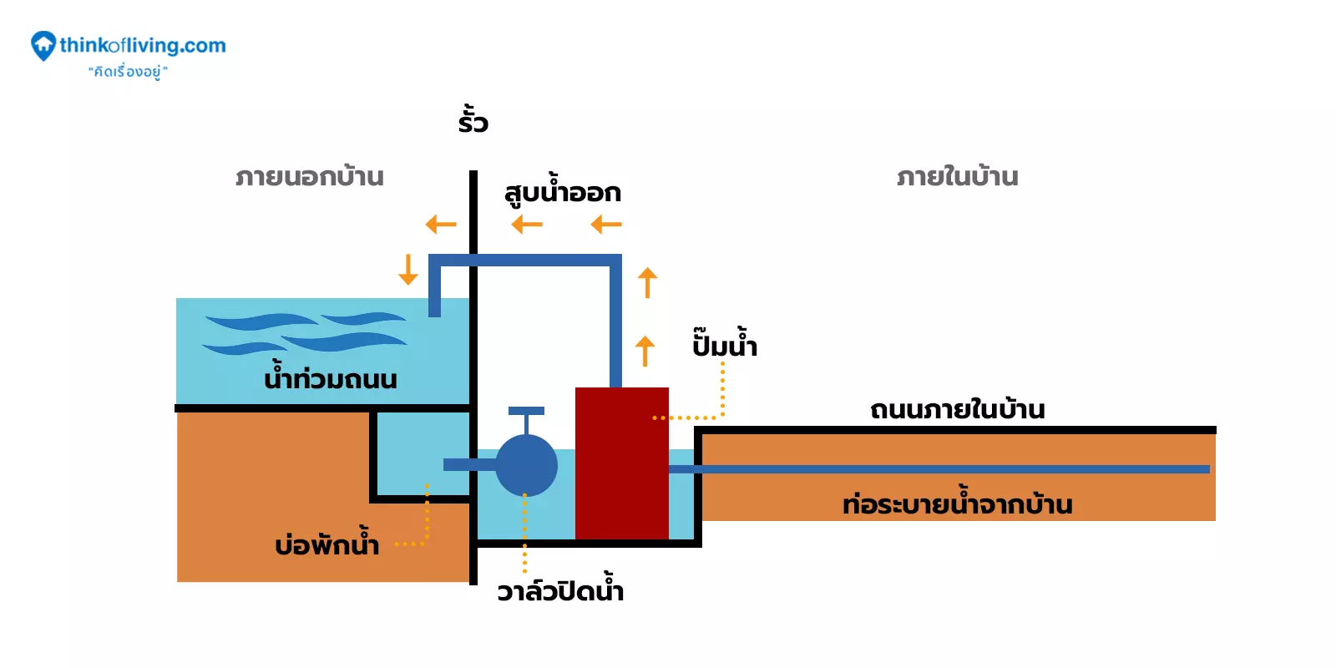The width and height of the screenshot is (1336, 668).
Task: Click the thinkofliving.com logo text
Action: (142, 46)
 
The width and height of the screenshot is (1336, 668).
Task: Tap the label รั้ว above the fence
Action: (473, 121)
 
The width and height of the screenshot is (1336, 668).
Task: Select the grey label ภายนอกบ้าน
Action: (310, 177)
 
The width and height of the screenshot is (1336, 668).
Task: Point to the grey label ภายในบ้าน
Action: (957, 177)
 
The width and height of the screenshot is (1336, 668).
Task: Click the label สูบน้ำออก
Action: (563, 193)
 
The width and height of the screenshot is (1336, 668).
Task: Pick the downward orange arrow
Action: (407, 270)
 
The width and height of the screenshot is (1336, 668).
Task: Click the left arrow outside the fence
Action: (441, 224)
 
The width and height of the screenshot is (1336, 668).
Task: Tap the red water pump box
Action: (621, 463)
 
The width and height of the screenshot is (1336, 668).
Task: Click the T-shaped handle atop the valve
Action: (526, 412)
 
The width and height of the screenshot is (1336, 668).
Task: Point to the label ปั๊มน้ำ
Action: (725, 345)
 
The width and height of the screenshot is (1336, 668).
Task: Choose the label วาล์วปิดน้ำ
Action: (560, 591)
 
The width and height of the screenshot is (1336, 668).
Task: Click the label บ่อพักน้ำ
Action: (326, 545)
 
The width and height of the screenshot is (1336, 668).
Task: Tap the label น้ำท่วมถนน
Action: (331, 379)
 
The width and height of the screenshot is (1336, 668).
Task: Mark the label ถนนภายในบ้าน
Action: (957, 410)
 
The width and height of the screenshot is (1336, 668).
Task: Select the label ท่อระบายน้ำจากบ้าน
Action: (957, 504)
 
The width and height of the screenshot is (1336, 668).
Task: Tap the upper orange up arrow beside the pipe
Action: (647, 282)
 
